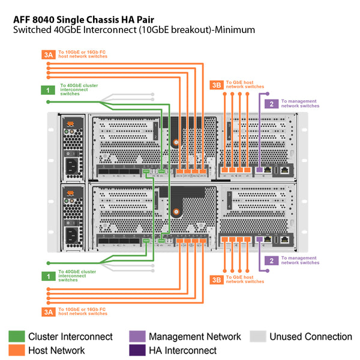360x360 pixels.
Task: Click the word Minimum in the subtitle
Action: click(x=235, y=29)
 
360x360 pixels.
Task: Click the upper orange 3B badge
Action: click(x=217, y=85)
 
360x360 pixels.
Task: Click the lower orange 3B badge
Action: click(x=217, y=280)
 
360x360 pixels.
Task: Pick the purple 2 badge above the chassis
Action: click(x=272, y=104)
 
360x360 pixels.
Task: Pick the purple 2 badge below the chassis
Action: click(x=272, y=260)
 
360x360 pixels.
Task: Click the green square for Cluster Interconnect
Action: click(x=16, y=337)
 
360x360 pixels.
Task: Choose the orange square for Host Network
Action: click(x=16, y=350)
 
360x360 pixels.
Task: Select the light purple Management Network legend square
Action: click(x=137, y=337)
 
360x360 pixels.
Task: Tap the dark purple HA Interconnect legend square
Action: click(x=137, y=350)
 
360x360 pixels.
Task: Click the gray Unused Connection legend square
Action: click(x=257, y=337)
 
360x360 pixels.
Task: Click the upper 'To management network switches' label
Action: click(x=300, y=104)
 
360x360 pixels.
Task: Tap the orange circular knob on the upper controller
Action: click(x=176, y=143)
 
